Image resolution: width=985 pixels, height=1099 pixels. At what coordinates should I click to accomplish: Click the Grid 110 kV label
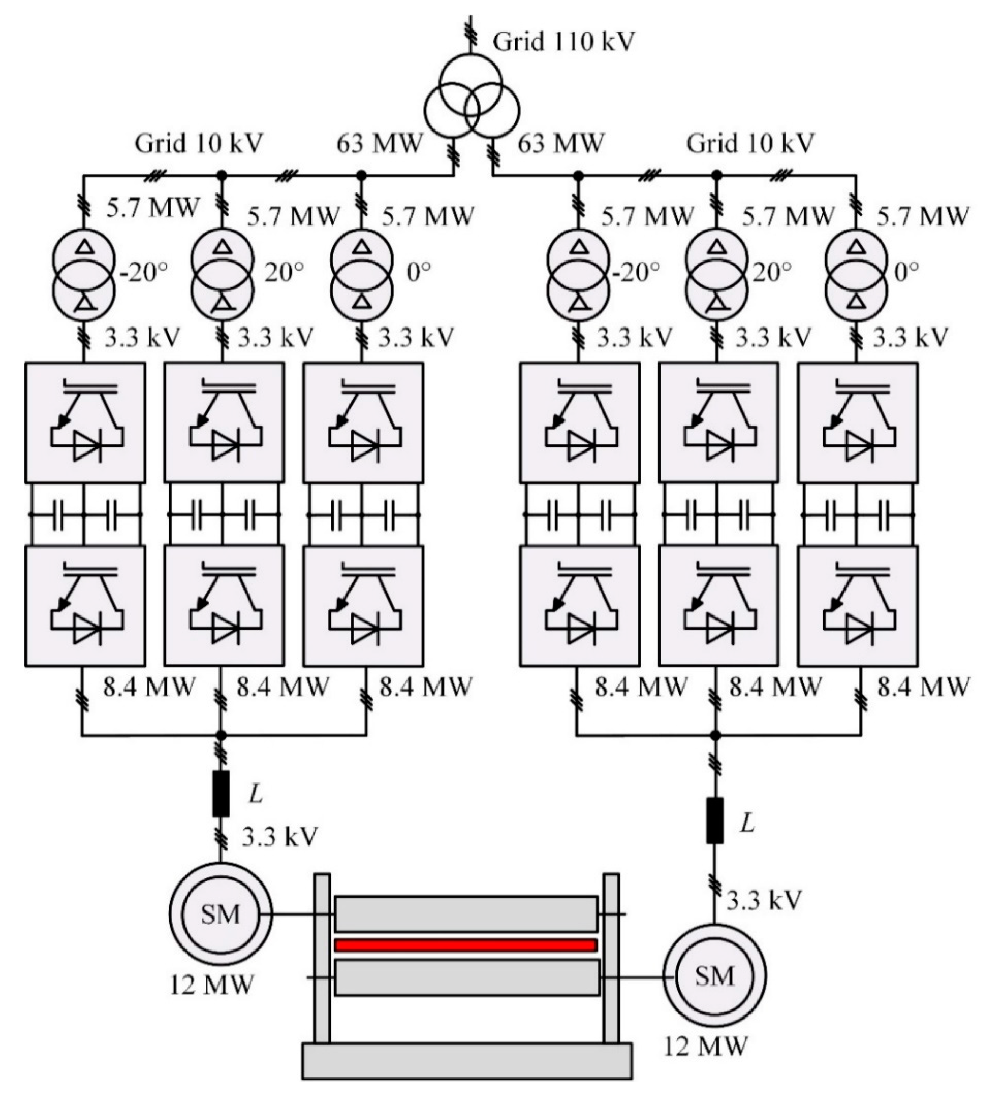[563, 42]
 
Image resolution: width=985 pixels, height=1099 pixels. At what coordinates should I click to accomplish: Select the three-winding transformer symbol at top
[472, 103]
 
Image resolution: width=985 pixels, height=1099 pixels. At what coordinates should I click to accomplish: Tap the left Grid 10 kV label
[199, 144]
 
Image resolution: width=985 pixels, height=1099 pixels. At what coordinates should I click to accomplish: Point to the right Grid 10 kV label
[750, 144]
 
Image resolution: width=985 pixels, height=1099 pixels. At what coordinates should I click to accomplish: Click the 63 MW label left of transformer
[379, 144]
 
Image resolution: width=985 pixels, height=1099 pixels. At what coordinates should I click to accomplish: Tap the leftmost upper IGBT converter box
[85, 423]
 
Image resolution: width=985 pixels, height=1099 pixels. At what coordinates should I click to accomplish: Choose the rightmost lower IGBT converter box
[858, 606]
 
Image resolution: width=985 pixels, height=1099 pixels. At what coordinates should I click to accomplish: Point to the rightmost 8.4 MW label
[923, 687]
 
